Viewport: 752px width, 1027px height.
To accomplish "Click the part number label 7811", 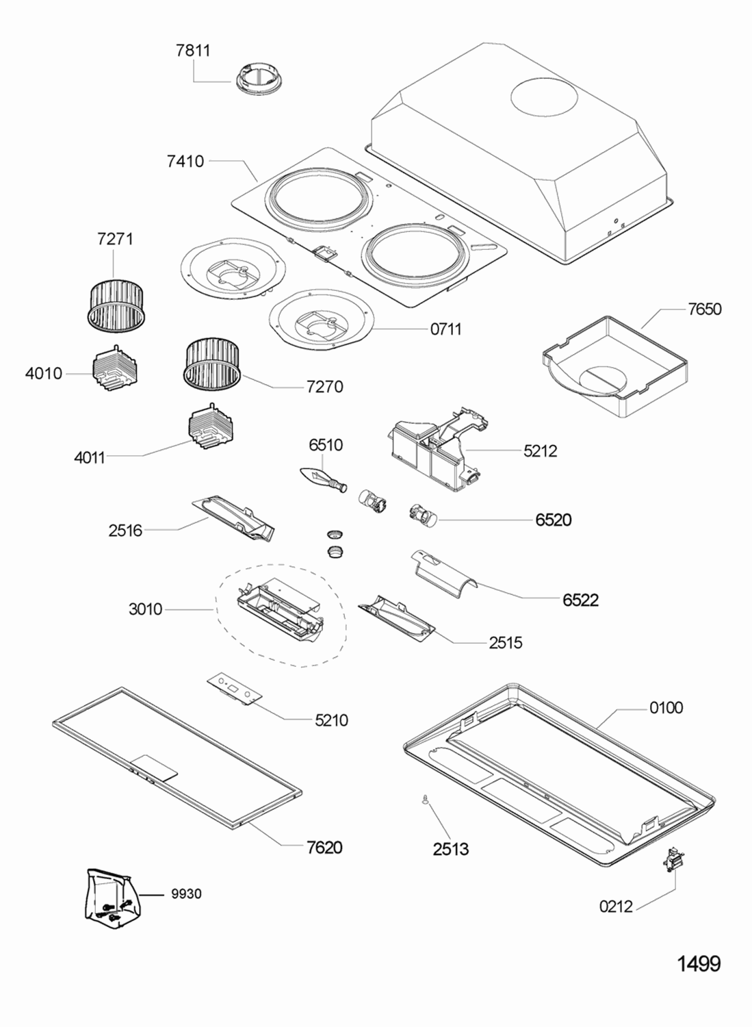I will pos(193,50).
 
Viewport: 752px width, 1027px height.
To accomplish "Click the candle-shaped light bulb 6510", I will pos(322,477).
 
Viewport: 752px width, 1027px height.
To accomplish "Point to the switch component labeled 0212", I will pos(673,860).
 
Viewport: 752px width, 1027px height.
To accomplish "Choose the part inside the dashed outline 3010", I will pos(280,604).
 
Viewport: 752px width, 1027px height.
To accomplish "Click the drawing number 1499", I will pos(699,963).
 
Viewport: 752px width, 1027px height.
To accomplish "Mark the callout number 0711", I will pos(445,329).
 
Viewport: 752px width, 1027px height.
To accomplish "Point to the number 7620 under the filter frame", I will pos(324,848).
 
